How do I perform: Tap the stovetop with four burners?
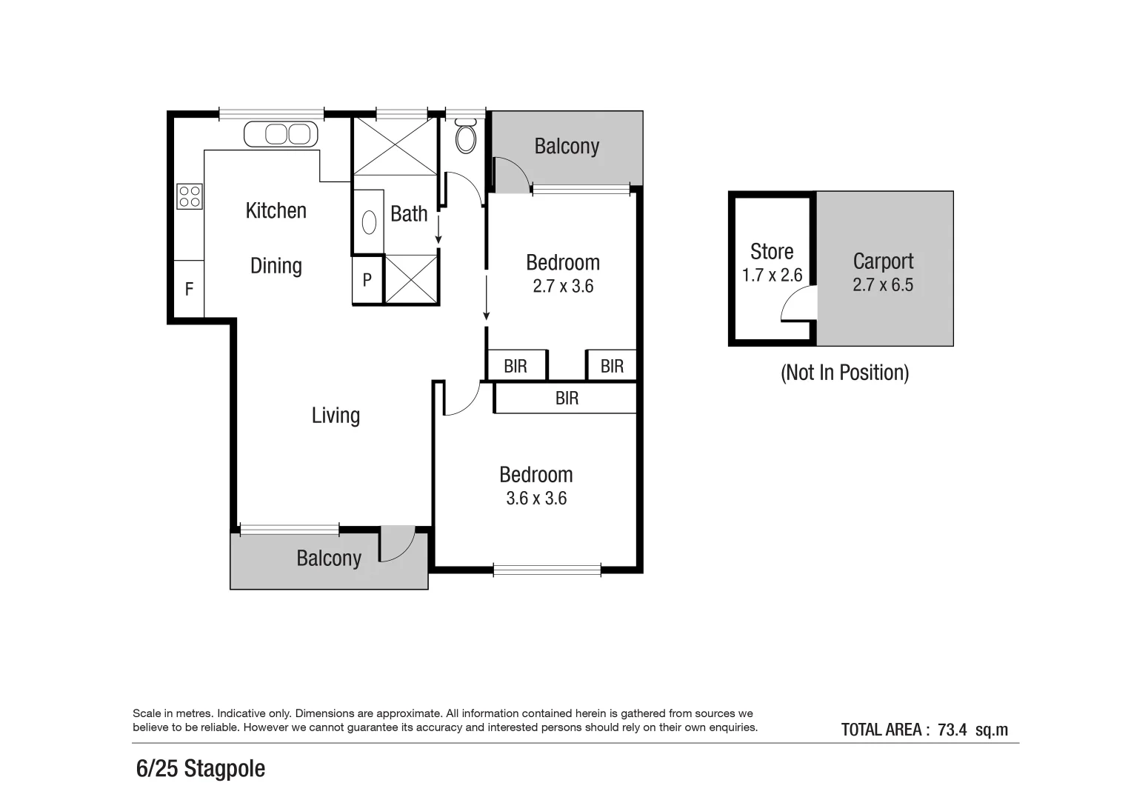click(190, 196)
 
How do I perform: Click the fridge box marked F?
click(189, 289)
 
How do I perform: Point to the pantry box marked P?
click(367, 280)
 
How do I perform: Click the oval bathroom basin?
click(369, 221)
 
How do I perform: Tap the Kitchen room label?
click(276, 210)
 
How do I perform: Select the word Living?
click(336, 415)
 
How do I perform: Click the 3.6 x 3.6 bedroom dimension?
click(536, 499)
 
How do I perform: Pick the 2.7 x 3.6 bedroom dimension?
click(563, 286)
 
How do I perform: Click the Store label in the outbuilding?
click(772, 252)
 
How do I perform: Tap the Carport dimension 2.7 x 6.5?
click(883, 285)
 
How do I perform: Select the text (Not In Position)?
click(844, 372)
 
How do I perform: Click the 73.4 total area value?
click(952, 730)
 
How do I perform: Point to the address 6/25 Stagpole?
click(201, 768)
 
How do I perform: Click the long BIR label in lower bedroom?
click(567, 399)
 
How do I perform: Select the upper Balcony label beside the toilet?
click(567, 146)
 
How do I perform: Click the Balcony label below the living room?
click(329, 558)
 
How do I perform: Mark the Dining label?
click(276, 266)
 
